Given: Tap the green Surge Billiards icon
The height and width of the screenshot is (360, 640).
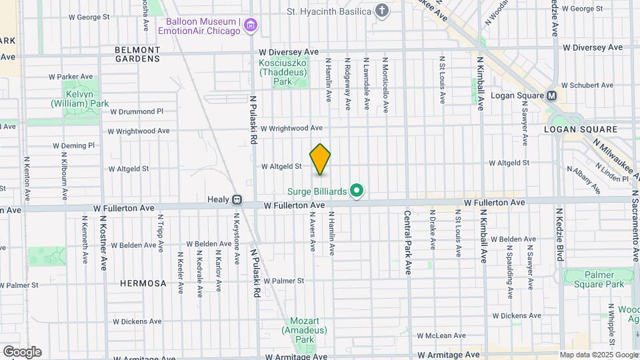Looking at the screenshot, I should click(357, 191).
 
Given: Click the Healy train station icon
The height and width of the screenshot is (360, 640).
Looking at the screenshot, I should click(237, 199).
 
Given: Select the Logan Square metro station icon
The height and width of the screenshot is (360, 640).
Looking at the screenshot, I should click(552, 95).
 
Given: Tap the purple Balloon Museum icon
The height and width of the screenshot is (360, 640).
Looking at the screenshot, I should click(251, 26).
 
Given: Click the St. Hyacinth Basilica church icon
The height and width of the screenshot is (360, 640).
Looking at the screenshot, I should click(381, 11).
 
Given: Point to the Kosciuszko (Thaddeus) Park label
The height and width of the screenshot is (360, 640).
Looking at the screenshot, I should click(283, 72).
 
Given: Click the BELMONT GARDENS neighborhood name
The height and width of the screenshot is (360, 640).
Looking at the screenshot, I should click(137, 54).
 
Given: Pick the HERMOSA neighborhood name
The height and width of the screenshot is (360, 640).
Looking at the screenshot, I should click(143, 283).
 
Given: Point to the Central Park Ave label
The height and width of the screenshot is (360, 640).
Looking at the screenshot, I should click(407, 243).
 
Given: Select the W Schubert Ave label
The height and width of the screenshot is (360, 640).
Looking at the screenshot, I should click(587, 85).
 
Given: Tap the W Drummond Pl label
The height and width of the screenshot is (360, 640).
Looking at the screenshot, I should click(137, 111).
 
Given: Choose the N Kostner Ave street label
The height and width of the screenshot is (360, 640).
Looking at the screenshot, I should click(103, 243).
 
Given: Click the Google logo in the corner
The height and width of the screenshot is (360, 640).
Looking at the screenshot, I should click(22, 351).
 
